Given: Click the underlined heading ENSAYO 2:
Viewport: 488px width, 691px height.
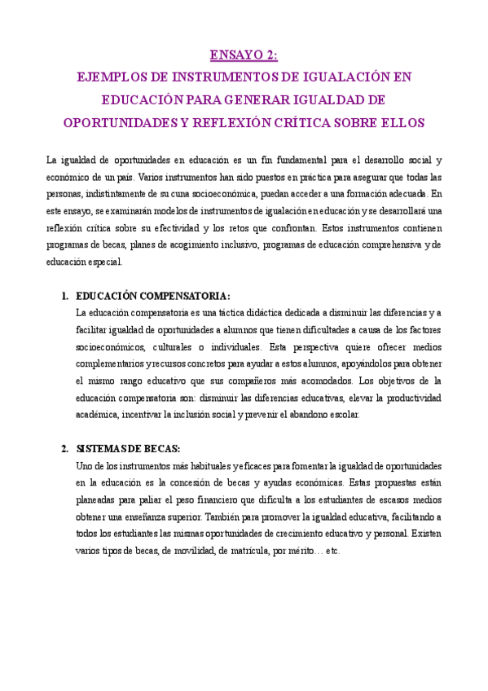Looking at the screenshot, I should click(244, 56).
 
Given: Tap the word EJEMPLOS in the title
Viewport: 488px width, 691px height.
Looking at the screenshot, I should click(108, 78).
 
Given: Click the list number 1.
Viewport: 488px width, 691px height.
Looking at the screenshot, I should click(64, 295).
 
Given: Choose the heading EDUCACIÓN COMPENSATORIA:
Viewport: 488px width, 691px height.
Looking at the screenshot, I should click(152, 295).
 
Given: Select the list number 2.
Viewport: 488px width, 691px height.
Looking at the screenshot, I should click(64, 449).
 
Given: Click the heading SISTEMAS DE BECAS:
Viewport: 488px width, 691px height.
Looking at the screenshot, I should click(128, 449).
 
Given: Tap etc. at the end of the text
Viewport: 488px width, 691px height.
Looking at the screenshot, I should click(332, 550).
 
